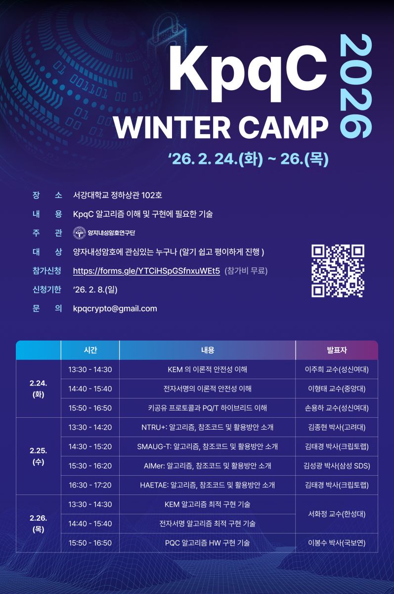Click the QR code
[x=338, y=271]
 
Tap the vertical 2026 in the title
[x=356, y=86]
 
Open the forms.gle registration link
[x=146, y=271]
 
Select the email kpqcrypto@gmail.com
[x=115, y=308]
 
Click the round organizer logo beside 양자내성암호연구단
[x=80, y=233]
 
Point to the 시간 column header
[x=90, y=350]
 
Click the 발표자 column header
[x=337, y=350]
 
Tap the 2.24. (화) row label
[x=39, y=389]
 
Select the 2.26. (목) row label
[x=39, y=524]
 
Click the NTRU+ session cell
[x=207, y=427]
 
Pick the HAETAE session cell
[x=207, y=485]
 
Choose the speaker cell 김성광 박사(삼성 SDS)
[x=337, y=466]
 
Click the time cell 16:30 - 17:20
[x=90, y=485]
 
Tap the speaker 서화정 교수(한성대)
[x=337, y=514]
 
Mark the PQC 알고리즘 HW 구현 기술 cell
[x=207, y=543]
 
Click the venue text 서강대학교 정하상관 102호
[x=118, y=195]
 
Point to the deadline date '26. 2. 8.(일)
[x=95, y=290]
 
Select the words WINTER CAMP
[x=221, y=128]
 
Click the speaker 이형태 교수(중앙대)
[x=337, y=389]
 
